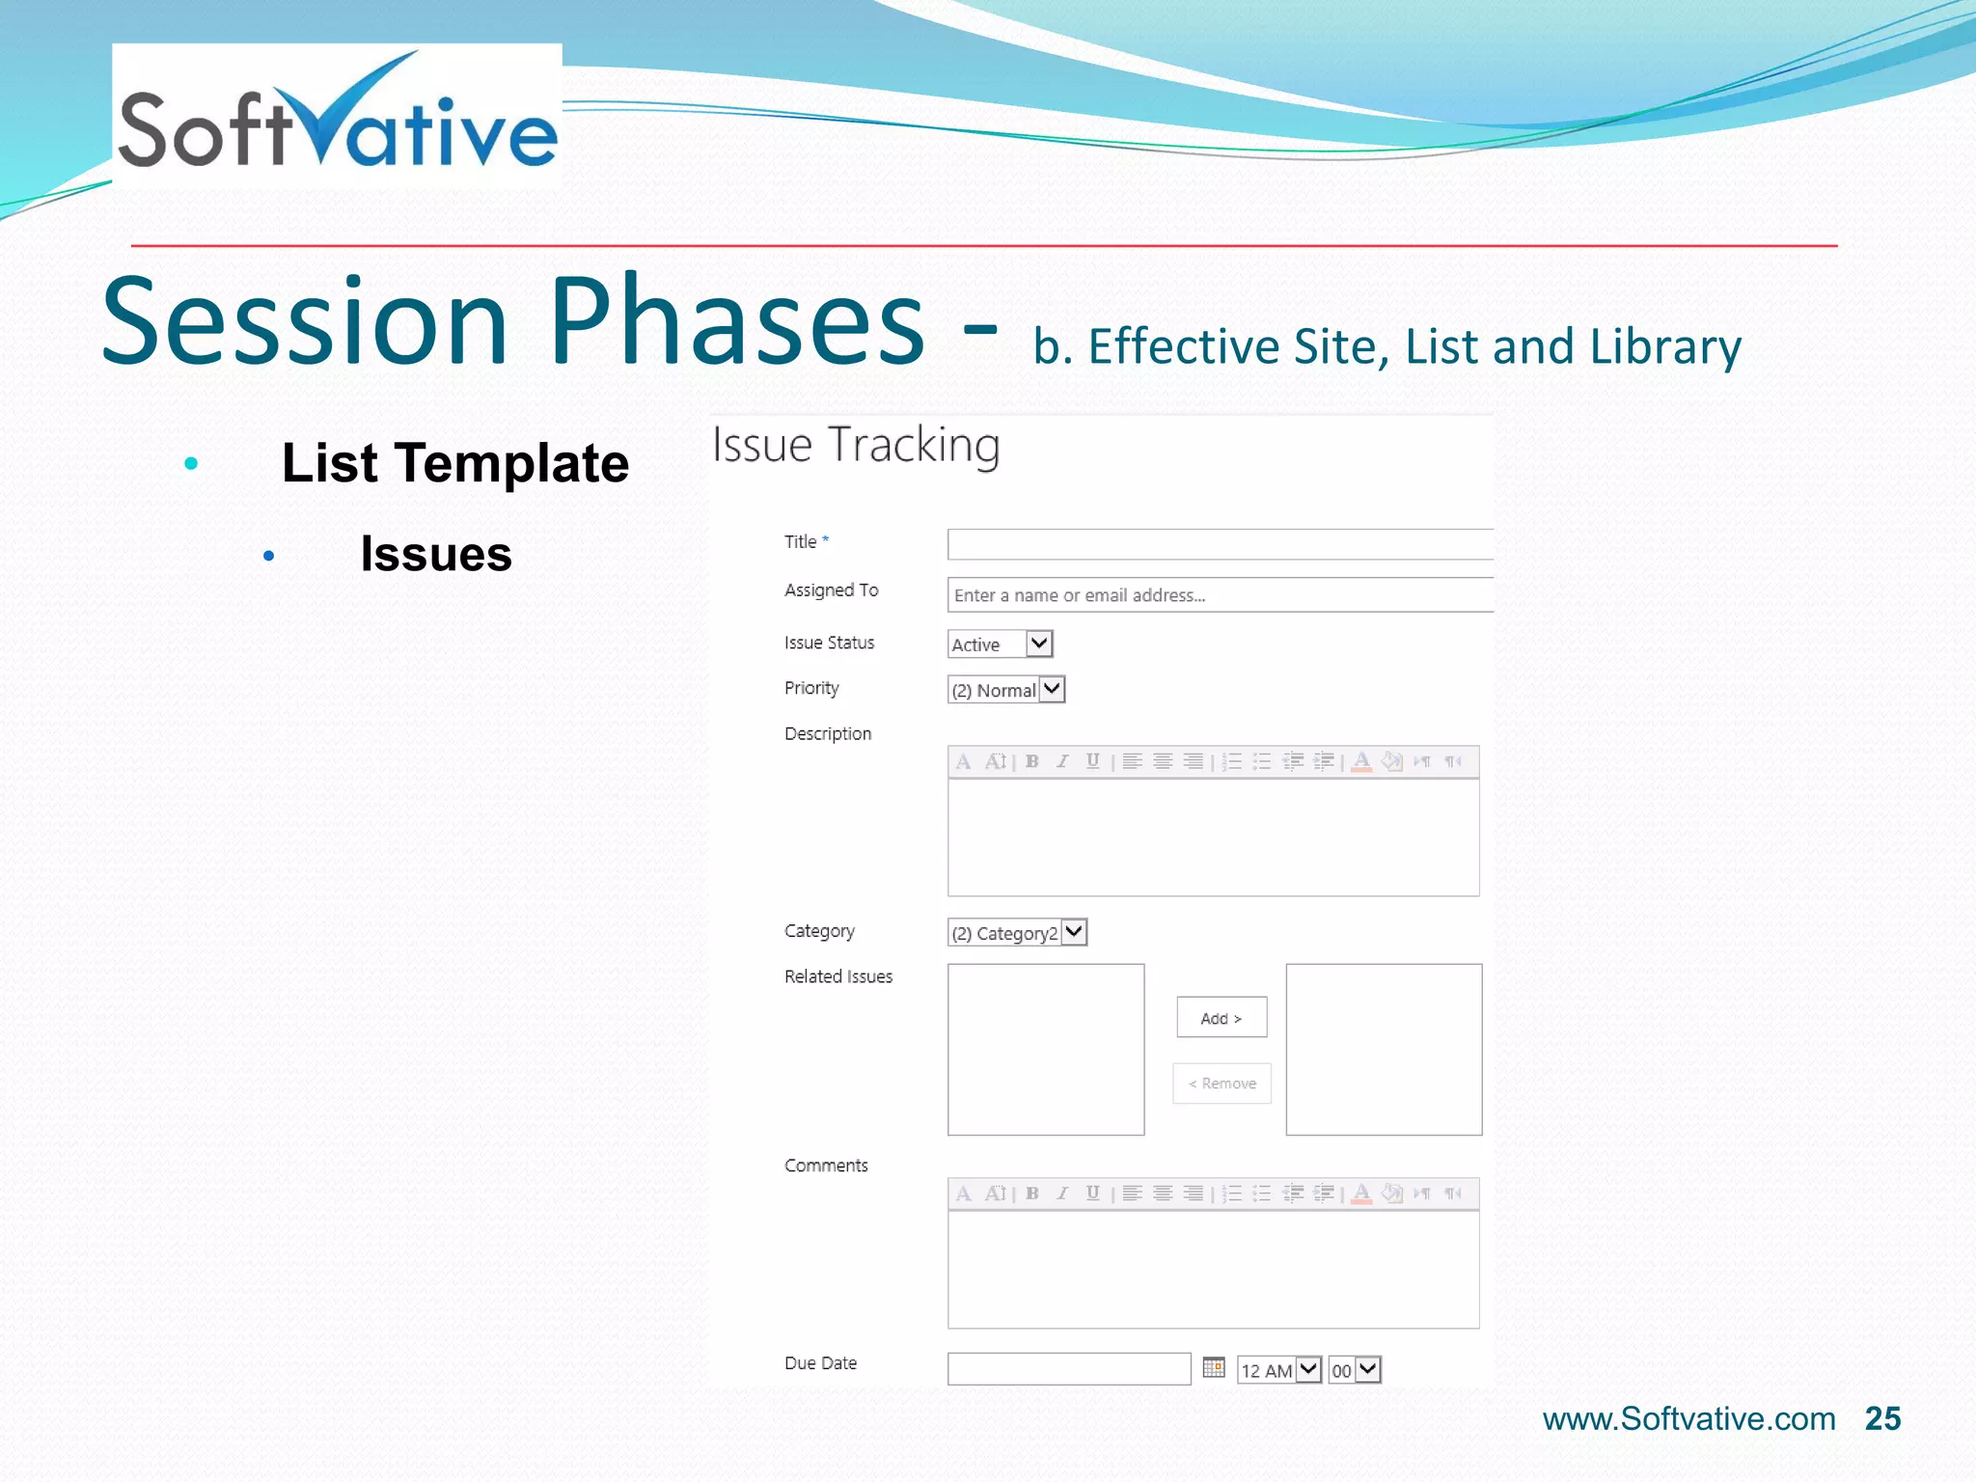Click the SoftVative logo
[x=337, y=116]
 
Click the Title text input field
[x=1220, y=544]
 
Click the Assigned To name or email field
[x=1220, y=595]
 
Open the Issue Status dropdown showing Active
[x=1000, y=645]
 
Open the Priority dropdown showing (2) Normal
[x=1005, y=690]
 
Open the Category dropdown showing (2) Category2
[x=1017, y=933]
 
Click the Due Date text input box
[x=1069, y=1369]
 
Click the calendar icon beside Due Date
[x=1214, y=1367]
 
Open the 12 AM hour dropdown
[x=1278, y=1370]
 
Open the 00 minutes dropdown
[x=1355, y=1370]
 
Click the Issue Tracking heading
[x=856, y=446]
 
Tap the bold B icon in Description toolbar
[x=1032, y=761]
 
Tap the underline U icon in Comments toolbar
[x=1092, y=1194]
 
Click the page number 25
[x=1882, y=1418]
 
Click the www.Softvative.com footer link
[x=1688, y=1419]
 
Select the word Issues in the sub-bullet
[x=436, y=554]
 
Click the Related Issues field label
[x=838, y=976]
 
